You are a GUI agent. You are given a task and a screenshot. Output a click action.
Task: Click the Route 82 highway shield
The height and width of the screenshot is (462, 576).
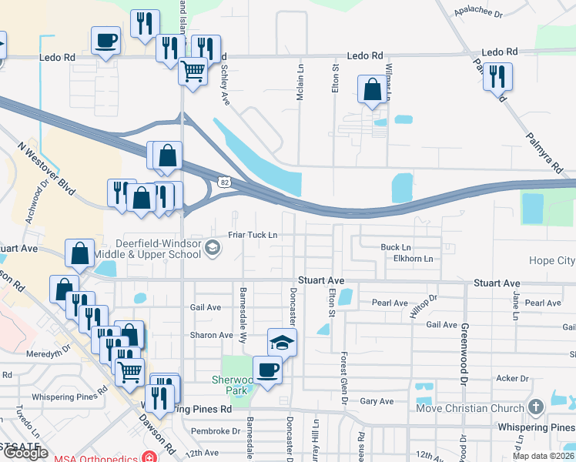224,182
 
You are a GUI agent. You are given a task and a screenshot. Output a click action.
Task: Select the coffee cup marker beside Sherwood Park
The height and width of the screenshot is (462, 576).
267,369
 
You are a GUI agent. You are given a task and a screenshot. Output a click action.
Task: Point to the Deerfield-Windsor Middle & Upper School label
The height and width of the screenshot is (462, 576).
158,249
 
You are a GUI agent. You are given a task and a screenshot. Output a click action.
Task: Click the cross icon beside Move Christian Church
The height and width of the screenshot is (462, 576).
537,406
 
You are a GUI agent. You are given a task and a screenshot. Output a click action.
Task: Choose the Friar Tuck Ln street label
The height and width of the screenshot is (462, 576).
252,235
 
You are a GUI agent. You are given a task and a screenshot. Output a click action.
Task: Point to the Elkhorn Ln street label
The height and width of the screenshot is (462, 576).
407,259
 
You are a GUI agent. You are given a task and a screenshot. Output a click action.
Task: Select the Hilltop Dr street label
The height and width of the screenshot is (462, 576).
423,300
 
